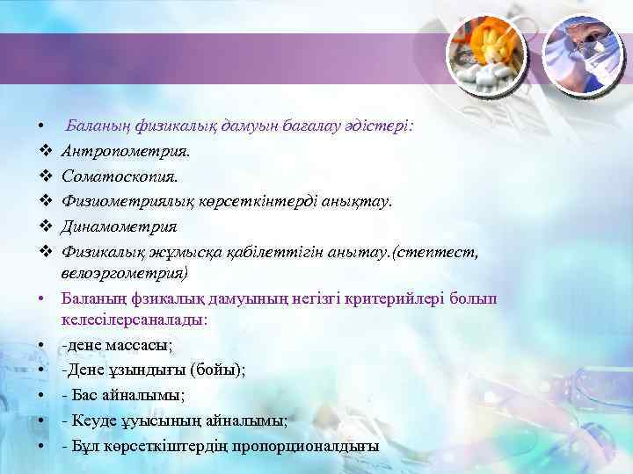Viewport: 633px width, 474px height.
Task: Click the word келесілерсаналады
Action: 135,320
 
